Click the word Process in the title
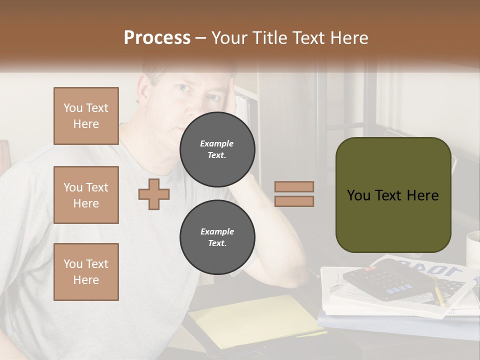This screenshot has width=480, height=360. tap(157, 38)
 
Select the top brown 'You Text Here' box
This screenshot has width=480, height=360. tap(86, 116)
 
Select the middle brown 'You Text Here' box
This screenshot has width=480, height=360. tap(86, 195)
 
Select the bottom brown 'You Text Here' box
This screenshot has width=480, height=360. tap(86, 271)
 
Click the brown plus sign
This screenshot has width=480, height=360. tap(154, 194)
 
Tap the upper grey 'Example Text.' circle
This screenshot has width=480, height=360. tap(217, 149)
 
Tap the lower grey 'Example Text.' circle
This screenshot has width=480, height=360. tap(217, 237)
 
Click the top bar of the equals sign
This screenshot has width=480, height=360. tap(294, 187)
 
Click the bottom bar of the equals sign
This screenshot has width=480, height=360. tap(294, 201)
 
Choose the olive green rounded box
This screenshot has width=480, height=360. tap(393, 195)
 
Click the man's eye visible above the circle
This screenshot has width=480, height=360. tap(183, 88)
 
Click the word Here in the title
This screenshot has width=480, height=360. tap(348, 38)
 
